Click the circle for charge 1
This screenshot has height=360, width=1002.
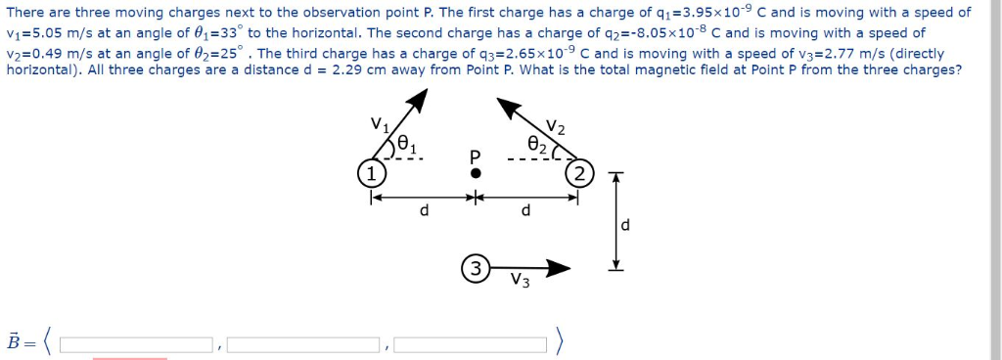click(370, 173)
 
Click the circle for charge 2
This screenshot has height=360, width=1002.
click(579, 174)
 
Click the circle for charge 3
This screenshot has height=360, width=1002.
click(475, 268)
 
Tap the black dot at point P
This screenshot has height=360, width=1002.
click(476, 173)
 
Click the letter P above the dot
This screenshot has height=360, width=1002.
click(476, 156)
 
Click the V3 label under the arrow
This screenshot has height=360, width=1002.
click(521, 284)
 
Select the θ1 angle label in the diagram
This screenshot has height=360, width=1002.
click(409, 148)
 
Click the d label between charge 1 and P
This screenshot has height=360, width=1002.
click(423, 211)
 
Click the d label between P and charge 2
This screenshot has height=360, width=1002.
click(526, 211)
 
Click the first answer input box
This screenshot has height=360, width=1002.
click(137, 344)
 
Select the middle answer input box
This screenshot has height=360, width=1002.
click(303, 344)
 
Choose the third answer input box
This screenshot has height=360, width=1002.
click(471, 344)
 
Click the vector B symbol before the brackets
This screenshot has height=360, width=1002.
click(13, 342)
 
